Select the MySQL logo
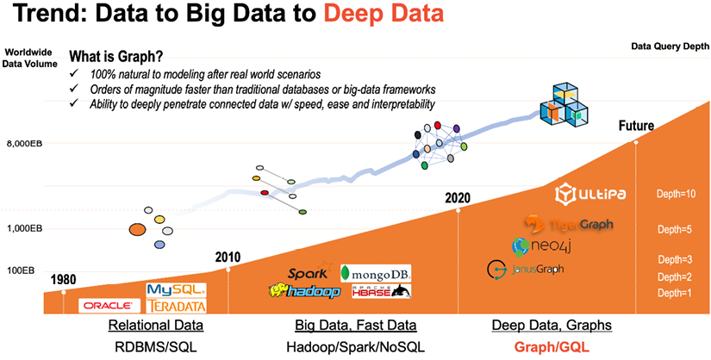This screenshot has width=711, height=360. [x=177, y=289]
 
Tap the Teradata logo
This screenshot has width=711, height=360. [x=177, y=306]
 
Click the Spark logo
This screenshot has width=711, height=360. [x=308, y=275]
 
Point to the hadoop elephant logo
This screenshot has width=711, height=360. [x=305, y=292]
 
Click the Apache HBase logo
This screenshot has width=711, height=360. [x=377, y=292]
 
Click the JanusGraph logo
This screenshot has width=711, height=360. [x=526, y=269]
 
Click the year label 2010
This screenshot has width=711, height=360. [x=228, y=258]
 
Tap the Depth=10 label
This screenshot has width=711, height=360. [x=676, y=194]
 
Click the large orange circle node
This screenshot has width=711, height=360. [x=136, y=229]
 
